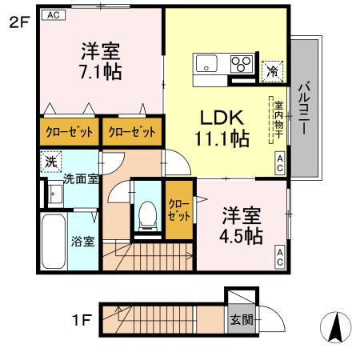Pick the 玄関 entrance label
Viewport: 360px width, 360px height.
pyautogui.click(x=241, y=320)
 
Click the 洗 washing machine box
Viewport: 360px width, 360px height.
pyautogui.click(x=50, y=160)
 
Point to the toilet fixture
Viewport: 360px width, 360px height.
pyautogui.click(x=147, y=212)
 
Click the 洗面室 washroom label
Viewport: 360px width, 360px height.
pyautogui.click(x=82, y=178)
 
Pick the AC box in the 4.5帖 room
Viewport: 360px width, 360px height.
pyautogui.click(x=280, y=258)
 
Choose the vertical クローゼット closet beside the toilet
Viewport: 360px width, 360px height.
pyautogui.click(x=179, y=210)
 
